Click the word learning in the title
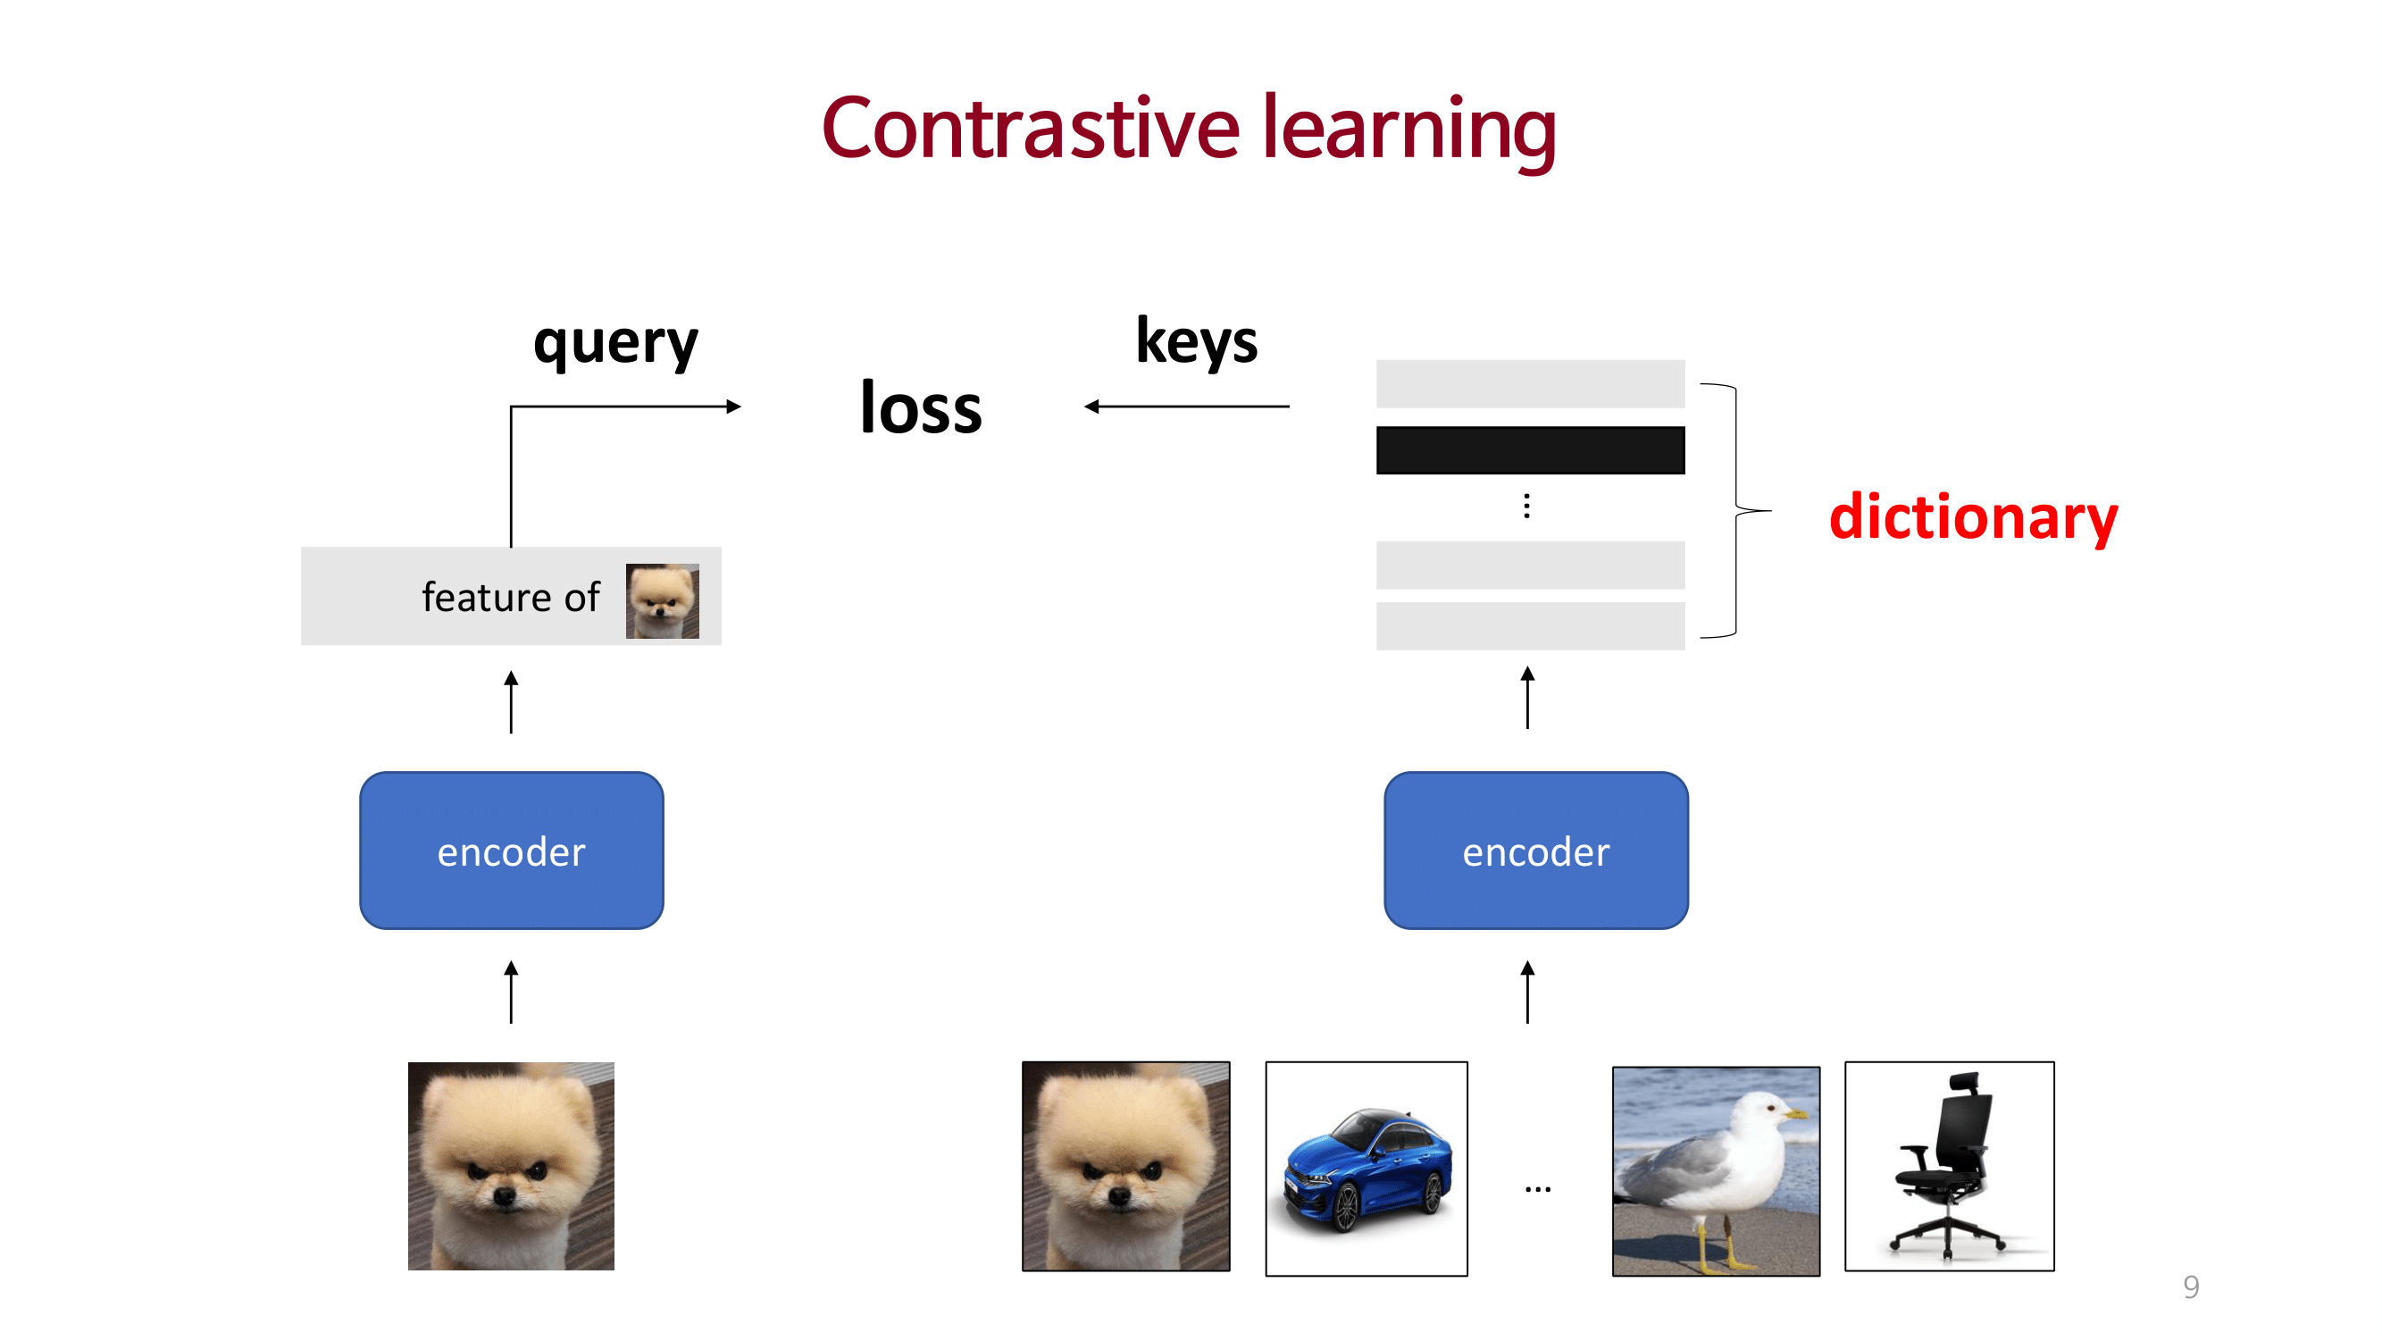pos(1409,129)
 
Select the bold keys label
pos(1197,341)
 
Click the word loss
pos(920,408)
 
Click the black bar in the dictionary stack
pos(1530,450)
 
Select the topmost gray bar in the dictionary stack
pos(1530,384)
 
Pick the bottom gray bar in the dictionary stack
pos(1530,626)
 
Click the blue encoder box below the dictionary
pos(1536,851)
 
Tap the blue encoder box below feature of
pos(512,851)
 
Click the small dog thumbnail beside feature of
pos(662,601)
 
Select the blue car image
pos(1366,1169)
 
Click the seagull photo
pos(1716,1171)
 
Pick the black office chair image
pos(1949,1167)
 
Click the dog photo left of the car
pos(1125,1166)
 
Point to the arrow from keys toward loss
pos(1187,406)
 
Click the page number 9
pos(2191,1287)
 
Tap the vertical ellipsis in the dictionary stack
pos(1526,506)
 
